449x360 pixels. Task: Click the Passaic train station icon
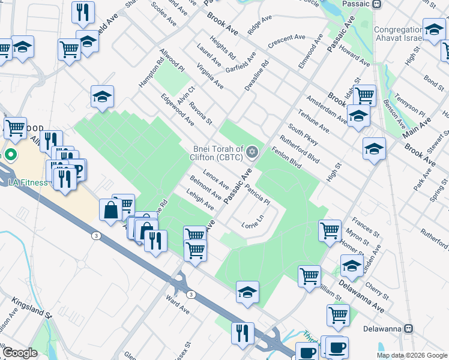(x=376, y=4)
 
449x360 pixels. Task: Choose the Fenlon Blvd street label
(x=286, y=158)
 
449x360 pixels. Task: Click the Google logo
(x=20, y=353)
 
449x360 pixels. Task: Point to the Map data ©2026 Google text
(x=412, y=355)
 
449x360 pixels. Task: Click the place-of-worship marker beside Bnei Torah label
(x=253, y=151)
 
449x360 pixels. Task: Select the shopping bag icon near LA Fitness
(x=111, y=210)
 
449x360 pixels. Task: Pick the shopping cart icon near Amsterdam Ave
(x=364, y=95)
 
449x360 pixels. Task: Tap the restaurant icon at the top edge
(x=83, y=11)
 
